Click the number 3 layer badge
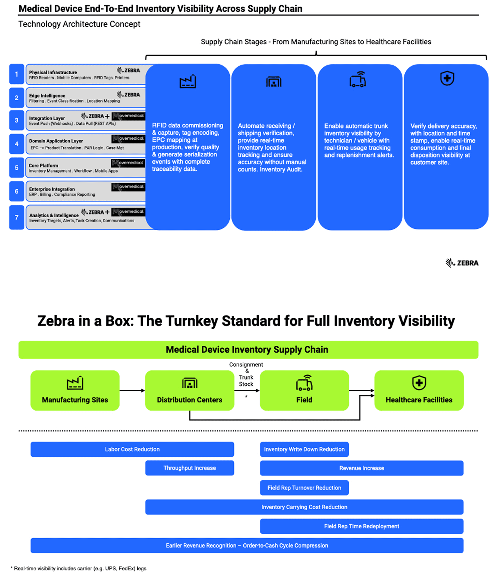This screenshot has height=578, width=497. [x=17, y=120]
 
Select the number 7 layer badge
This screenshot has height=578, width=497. [x=17, y=217]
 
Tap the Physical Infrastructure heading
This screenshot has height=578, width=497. [x=53, y=72]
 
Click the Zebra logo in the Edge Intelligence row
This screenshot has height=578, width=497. [x=128, y=95]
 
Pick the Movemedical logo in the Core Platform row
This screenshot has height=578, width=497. [x=128, y=163]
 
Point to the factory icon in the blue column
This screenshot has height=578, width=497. [x=188, y=82]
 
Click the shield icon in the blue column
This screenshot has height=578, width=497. [x=447, y=78]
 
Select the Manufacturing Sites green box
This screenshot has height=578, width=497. [x=75, y=390]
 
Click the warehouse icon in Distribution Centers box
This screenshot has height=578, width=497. [x=190, y=383]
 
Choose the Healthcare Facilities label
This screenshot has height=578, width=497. [x=419, y=400]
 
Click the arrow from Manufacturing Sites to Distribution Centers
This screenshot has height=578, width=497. [x=132, y=390]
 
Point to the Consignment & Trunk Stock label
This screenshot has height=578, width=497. [x=246, y=374]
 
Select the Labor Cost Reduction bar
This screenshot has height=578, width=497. [x=132, y=449]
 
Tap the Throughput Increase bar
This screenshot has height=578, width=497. [x=190, y=468]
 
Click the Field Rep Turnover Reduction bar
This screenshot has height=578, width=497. [x=304, y=488]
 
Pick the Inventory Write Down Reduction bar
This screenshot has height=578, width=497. [x=304, y=449]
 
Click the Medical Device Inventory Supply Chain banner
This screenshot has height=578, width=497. [x=248, y=350]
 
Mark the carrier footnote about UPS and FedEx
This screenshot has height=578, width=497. [x=79, y=568]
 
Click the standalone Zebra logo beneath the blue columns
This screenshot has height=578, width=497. [x=462, y=263]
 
